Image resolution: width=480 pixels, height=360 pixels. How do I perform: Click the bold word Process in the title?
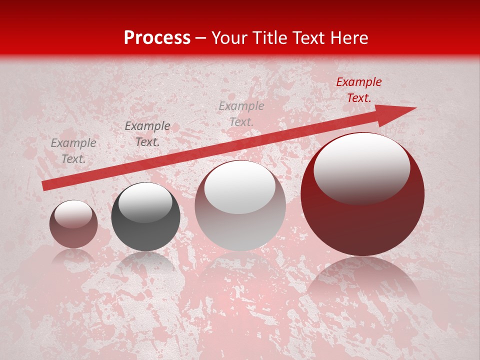[157, 37]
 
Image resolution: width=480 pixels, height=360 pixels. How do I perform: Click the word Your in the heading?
[229, 37]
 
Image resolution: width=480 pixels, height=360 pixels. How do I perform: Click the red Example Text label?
[358, 90]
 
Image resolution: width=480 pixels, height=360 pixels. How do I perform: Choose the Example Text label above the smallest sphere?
[73, 151]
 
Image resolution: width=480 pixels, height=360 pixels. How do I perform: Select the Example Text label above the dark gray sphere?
[147, 134]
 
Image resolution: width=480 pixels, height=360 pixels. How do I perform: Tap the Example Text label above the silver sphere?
[241, 113]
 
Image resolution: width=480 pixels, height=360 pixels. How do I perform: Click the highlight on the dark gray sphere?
[145, 202]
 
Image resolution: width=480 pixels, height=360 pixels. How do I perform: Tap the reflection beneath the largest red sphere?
[362, 282]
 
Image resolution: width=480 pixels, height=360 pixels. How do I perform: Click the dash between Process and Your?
[201, 38]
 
